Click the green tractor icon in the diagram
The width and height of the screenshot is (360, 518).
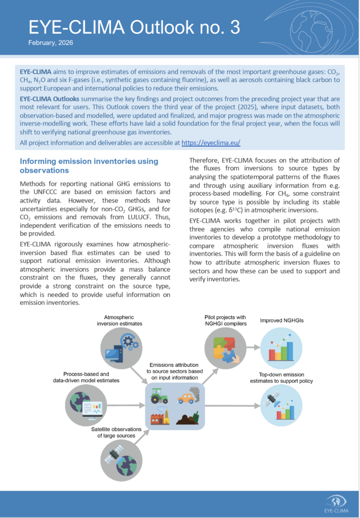(x=159, y=396)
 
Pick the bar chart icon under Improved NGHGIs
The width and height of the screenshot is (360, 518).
(x=281, y=349)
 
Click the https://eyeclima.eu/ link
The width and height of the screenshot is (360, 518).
(x=210, y=143)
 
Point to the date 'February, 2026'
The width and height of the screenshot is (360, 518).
(x=51, y=43)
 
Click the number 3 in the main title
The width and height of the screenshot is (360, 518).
(x=234, y=27)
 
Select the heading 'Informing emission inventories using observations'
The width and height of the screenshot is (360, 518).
(x=89, y=166)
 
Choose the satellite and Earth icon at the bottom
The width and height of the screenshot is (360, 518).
(x=120, y=459)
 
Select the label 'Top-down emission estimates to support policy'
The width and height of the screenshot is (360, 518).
(x=282, y=377)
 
